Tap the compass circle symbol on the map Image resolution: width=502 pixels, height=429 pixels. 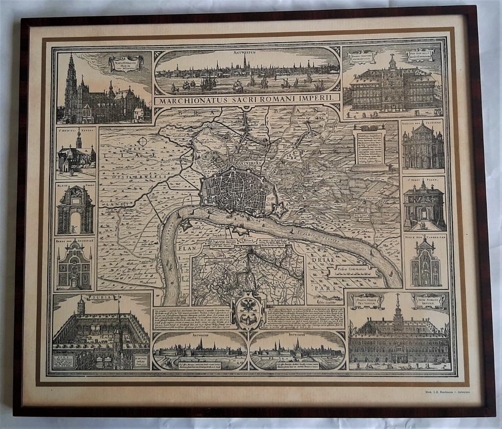(143, 142)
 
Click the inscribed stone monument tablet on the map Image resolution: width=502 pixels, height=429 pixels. (369, 145)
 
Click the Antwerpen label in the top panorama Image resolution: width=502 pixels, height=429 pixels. (248, 50)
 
